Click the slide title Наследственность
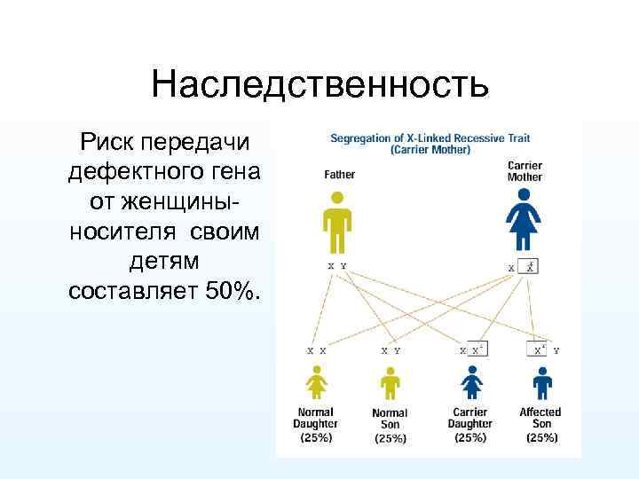(319, 86)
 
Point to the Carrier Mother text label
(525, 171)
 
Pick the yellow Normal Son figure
(390, 383)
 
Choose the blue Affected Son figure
(542, 383)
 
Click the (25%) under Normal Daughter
(316, 437)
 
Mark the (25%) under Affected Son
(540, 437)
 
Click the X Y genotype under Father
(337, 265)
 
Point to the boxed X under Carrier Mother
(530, 265)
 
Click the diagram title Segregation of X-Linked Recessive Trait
(430, 138)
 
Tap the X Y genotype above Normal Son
(390, 351)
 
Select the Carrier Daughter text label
(469, 418)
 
